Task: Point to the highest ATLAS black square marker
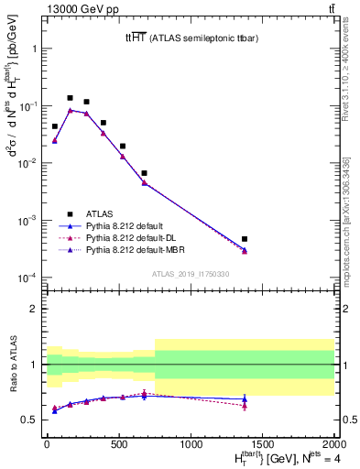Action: tap(70, 97)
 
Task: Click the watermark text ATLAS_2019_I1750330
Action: tap(190, 274)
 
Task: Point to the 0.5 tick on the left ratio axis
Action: tap(30, 420)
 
